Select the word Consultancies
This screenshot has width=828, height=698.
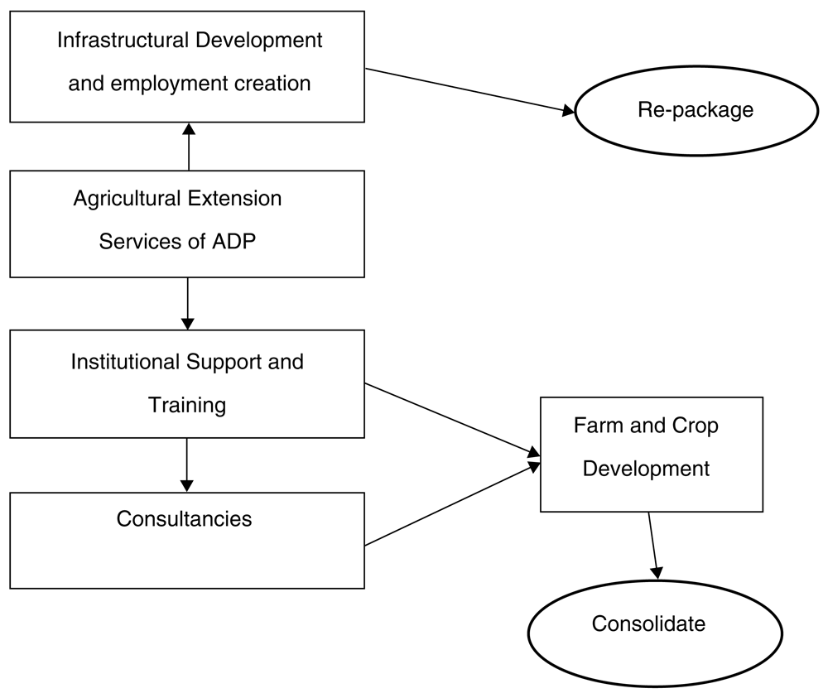click(x=185, y=519)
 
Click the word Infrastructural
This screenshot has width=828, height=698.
click(x=123, y=40)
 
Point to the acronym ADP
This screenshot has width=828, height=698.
click(x=234, y=241)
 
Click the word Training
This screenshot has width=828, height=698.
click(x=187, y=406)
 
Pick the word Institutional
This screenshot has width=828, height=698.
click(x=126, y=362)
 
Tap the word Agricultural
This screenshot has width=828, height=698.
click(x=128, y=199)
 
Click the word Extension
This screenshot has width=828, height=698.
click(x=234, y=199)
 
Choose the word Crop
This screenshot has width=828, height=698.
click(x=695, y=426)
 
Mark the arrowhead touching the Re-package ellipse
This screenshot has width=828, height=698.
click(x=569, y=110)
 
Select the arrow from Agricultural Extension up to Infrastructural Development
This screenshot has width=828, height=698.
click(x=189, y=147)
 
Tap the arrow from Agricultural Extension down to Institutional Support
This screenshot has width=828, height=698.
click(x=187, y=304)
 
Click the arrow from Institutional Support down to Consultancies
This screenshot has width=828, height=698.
click(x=187, y=465)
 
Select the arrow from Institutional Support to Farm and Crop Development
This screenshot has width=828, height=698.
click(x=453, y=421)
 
